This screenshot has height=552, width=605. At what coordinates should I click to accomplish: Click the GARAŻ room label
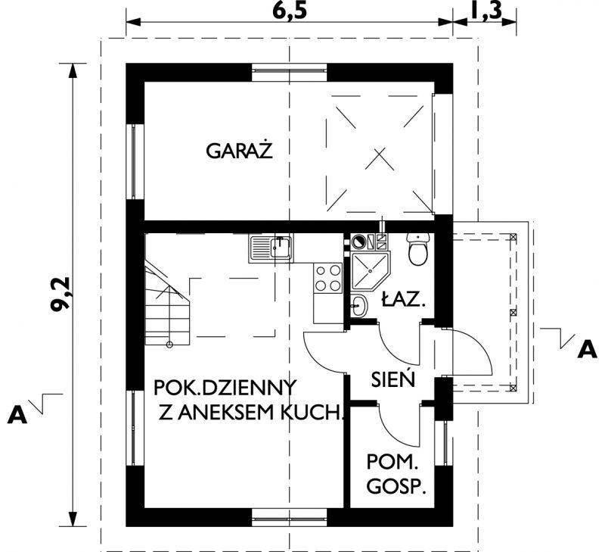click(x=239, y=151)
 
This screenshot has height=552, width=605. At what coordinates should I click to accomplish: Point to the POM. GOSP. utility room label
click(x=394, y=473)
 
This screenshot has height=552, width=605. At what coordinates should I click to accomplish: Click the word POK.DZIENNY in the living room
click(x=224, y=387)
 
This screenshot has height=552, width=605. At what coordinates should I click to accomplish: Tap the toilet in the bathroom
click(x=417, y=249)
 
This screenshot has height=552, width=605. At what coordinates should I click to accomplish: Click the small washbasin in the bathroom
click(x=359, y=307)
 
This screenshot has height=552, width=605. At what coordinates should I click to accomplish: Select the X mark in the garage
click(x=377, y=159)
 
